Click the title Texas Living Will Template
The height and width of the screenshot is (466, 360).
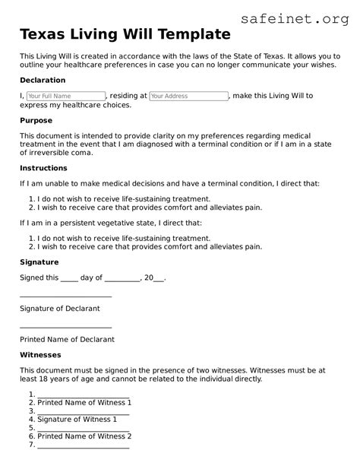pos(125,34)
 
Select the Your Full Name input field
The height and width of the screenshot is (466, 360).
pos(65,97)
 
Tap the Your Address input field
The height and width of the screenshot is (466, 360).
pos(188,97)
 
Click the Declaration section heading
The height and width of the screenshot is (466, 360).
pos(43,80)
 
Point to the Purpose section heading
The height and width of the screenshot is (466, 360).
pos(36,121)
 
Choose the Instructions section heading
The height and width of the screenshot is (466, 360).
pos(44,168)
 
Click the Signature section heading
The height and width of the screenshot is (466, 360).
pos(39,262)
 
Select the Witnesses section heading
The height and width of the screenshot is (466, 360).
pos(40,355)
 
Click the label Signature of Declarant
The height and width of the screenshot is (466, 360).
pos(59,309)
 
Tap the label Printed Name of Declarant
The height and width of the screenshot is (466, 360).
pos(67,340)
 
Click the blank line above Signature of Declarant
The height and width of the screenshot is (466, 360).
pos(65,295)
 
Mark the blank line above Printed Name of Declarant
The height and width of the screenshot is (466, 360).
pos(65,326)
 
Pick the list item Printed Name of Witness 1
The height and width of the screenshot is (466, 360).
pos(84,403)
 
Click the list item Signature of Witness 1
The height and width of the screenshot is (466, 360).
pos(77,420)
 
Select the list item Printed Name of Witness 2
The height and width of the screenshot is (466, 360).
pos(84,436)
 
